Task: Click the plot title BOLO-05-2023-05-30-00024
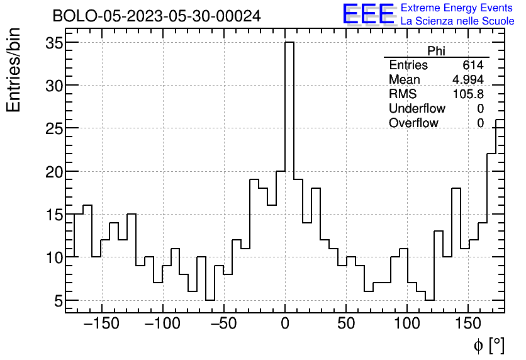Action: coord(156,16)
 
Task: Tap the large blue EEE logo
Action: coord(368,14)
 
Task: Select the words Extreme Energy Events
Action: coord(457,8)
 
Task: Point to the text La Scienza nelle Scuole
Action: coord(457,21)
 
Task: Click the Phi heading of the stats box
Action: coord(436,51)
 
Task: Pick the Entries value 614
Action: coord(473,65)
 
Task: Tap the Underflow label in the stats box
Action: coord(417,109)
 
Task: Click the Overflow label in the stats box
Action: coord(413,123)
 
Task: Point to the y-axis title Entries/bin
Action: coord(14,70)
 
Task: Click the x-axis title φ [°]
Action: coord(488,346)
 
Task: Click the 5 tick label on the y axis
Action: coord(58,301)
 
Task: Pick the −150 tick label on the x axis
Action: coord(101,324)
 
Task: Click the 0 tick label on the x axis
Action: coord(285,324)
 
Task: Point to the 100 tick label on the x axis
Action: coord(407,324)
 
